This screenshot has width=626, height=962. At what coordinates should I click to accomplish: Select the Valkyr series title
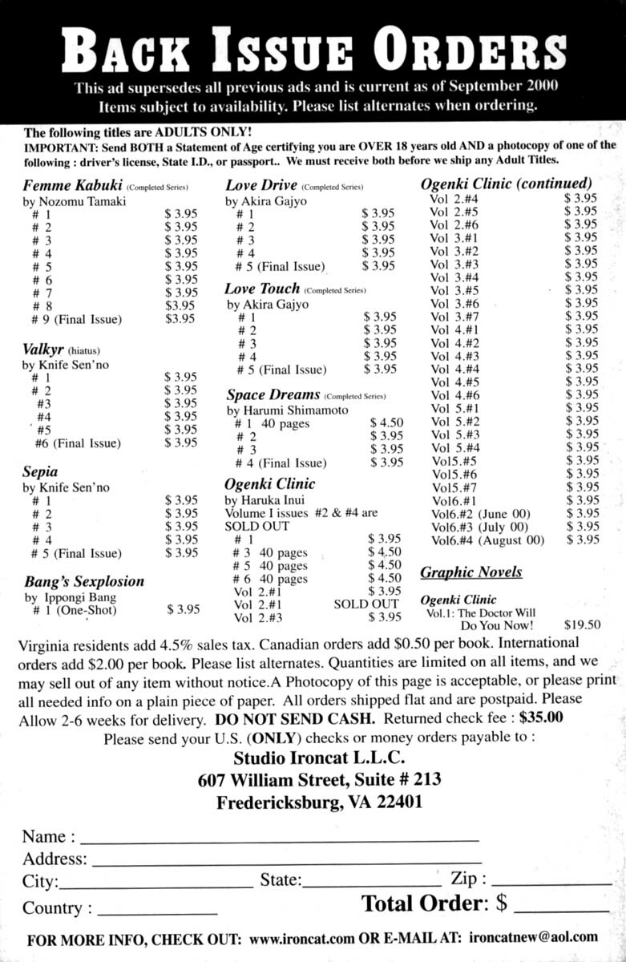tap(42, 350)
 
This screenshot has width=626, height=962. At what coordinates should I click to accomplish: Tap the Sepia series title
tap(39, 472)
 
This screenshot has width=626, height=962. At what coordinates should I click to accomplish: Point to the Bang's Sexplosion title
tap(83, 581)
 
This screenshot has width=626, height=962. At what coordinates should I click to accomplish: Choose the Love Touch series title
tap(263, 288)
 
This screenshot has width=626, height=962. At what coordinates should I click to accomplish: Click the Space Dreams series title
tap(273, 394)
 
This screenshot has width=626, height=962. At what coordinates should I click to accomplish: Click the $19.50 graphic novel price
tap(582, 624)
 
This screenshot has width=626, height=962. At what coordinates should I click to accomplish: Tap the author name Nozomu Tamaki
tap(80, 202)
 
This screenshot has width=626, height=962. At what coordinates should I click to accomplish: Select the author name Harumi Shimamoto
tap(293, 410)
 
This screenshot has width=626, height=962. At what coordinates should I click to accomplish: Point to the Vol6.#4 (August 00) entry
tap(487, 540)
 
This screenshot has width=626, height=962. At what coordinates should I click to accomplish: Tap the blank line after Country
tap(156, 913)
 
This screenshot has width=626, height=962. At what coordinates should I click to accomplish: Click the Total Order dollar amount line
tap(560, 911)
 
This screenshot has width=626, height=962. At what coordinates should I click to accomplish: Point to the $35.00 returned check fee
tap(541, 717)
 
